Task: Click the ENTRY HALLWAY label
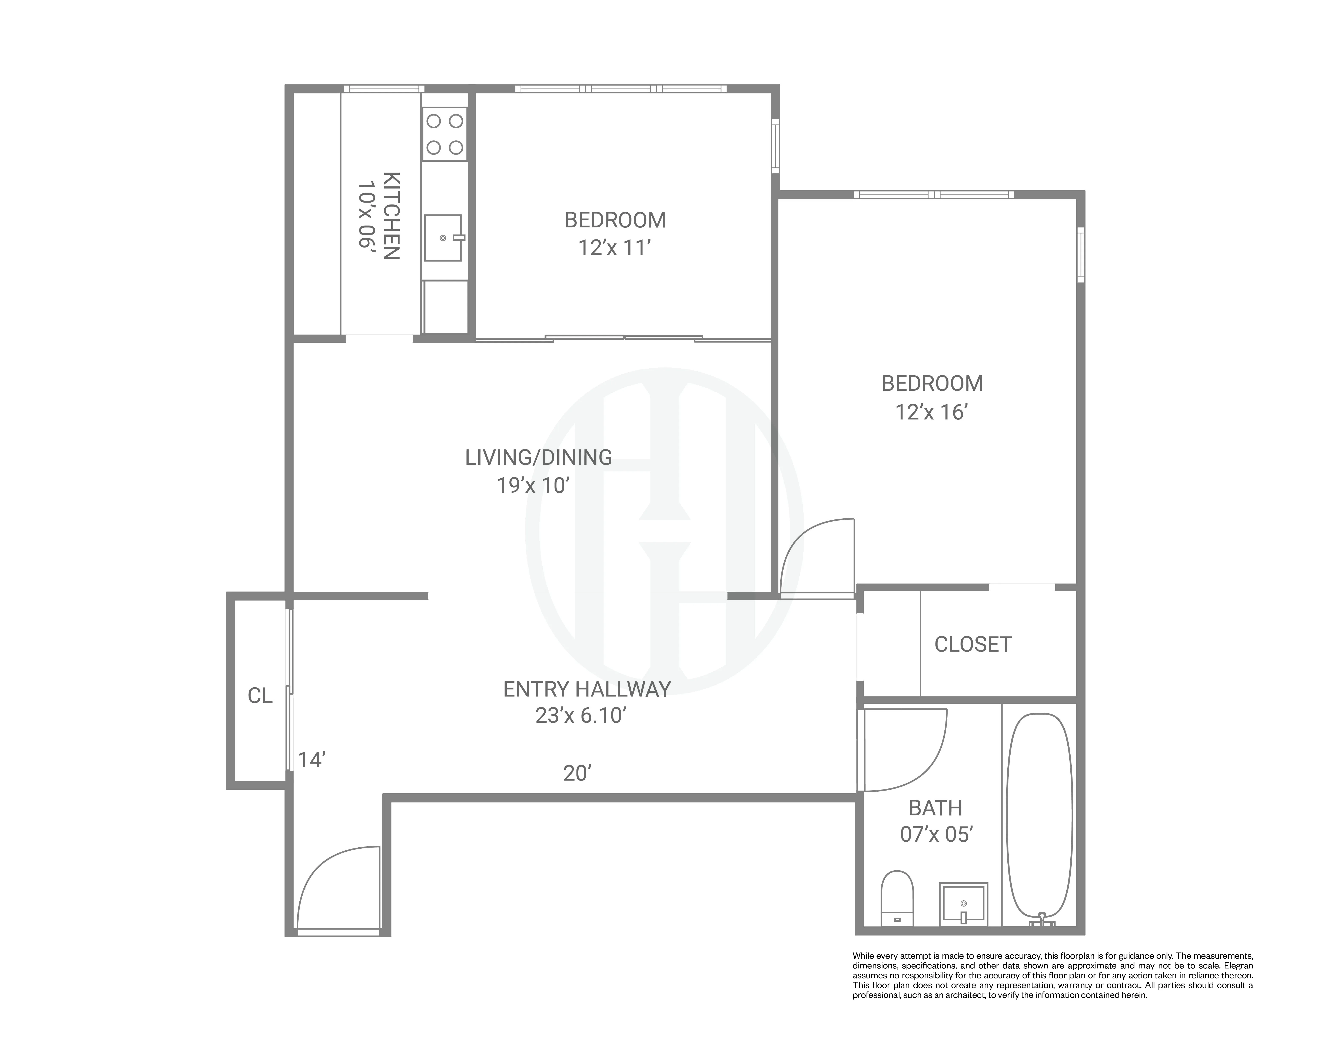tap(587, 689)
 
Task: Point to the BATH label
tap(935, 808)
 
